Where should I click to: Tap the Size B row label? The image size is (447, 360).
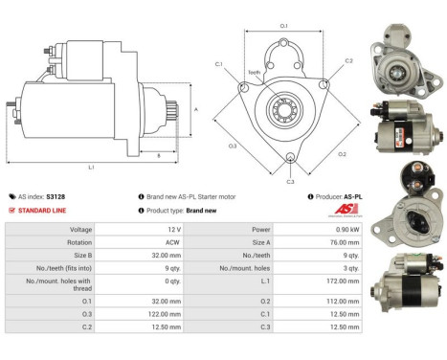(x=79, y=257)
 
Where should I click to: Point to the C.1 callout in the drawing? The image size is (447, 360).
(x=219, y=64)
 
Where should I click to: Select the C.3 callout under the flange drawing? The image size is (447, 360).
(x=290, y=181)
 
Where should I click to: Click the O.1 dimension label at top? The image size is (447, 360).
(x=283, y=25)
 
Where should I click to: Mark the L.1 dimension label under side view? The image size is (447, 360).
(x=91, y=167)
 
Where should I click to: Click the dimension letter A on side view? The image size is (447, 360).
(x=196, y=109)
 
